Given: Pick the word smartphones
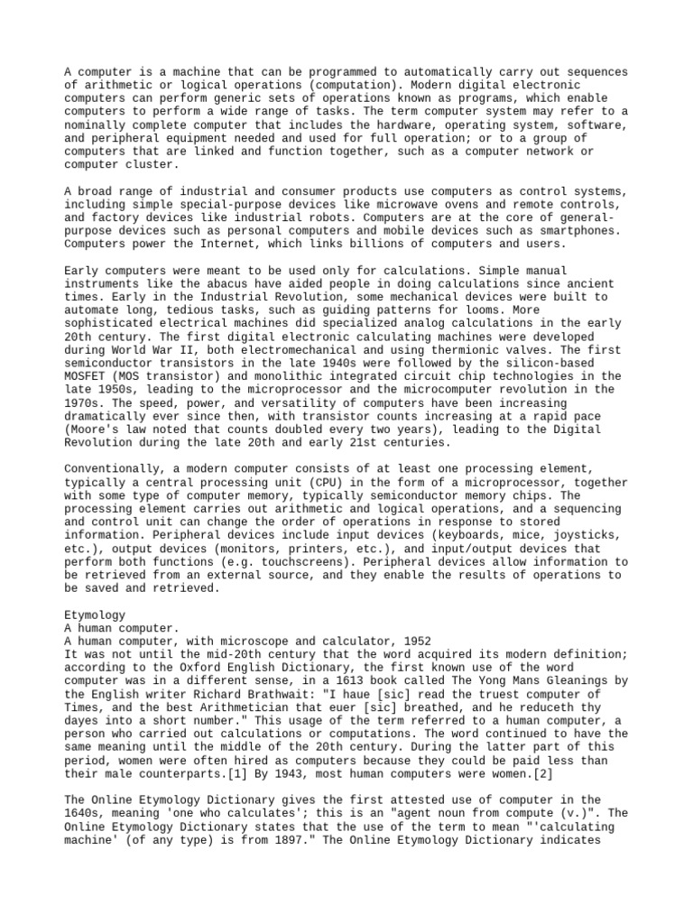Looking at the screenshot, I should point(578,231).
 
